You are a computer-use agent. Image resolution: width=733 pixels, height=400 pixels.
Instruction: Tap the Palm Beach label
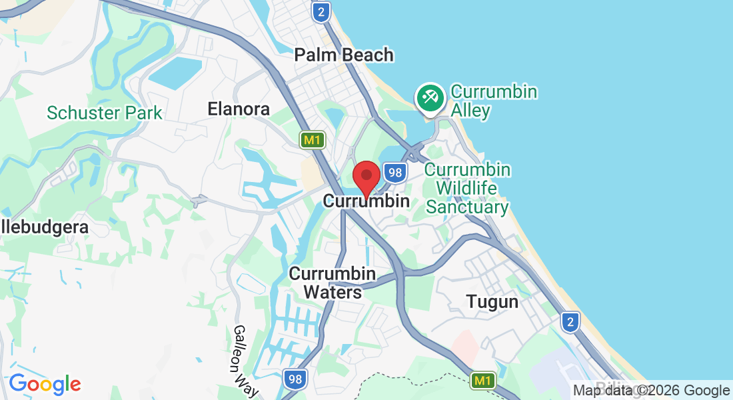pyautogui.click(x=344, y=55)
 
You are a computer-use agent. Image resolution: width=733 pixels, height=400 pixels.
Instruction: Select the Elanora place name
pyautogui.click(x=239, y=109)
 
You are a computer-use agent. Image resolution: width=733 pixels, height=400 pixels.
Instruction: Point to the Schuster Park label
pyautogui.click(x=105, y=113)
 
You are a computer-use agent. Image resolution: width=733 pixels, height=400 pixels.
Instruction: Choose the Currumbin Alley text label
pyautogui.click(x=494, y=101)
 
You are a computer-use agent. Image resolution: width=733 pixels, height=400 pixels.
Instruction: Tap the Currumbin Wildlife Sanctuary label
pyautogui.click(x=467, y=189)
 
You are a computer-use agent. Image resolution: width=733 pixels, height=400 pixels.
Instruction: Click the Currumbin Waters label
pyautogui.click(x=333, y=283)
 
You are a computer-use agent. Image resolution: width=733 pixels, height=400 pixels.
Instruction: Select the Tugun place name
pyautogui.click(x=492, y=302)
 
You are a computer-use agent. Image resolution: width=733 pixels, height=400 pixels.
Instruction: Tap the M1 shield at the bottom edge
pyautogui.click(x=483, y=381)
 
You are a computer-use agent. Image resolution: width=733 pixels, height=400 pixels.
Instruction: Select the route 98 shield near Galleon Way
pyautogui.click(x=295, y=380)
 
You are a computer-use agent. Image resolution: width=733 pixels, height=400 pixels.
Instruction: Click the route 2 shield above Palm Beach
pyautogui.click(x=321, y=11)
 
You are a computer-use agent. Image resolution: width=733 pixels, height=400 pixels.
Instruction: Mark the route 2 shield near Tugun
pyautogui.click(x=569, y=323)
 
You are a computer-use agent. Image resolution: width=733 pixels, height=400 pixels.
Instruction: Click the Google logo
pyautogui.click(x=45, y=384)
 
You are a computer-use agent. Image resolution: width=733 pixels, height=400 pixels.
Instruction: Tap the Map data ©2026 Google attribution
pyautogui.click(x=651, y=391)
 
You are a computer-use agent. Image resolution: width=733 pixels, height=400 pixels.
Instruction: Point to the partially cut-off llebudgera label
pyautogui.click(x=44, y=227)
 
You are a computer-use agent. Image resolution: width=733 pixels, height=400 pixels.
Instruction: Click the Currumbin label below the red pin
pyautogui.click(x=366, y=200)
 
